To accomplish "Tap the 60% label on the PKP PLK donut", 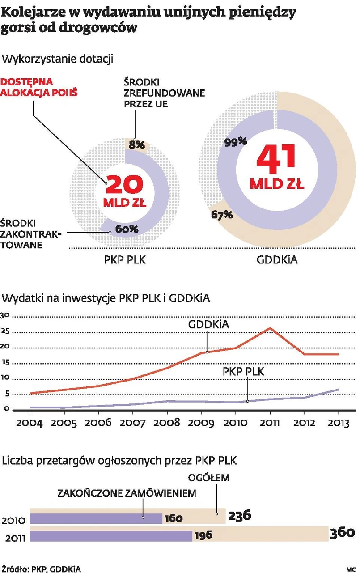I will tap(127, 229).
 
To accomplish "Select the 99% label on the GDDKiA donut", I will tap(236, 141).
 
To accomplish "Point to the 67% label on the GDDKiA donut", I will tap(222, 215).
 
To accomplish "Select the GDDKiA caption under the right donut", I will tap(277, 259).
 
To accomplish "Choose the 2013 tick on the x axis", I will tap(337, 423).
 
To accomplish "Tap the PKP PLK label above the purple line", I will tap(244, 371).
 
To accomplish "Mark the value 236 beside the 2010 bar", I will tap(240, 515).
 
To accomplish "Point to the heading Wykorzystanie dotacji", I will tap(58, 59).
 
